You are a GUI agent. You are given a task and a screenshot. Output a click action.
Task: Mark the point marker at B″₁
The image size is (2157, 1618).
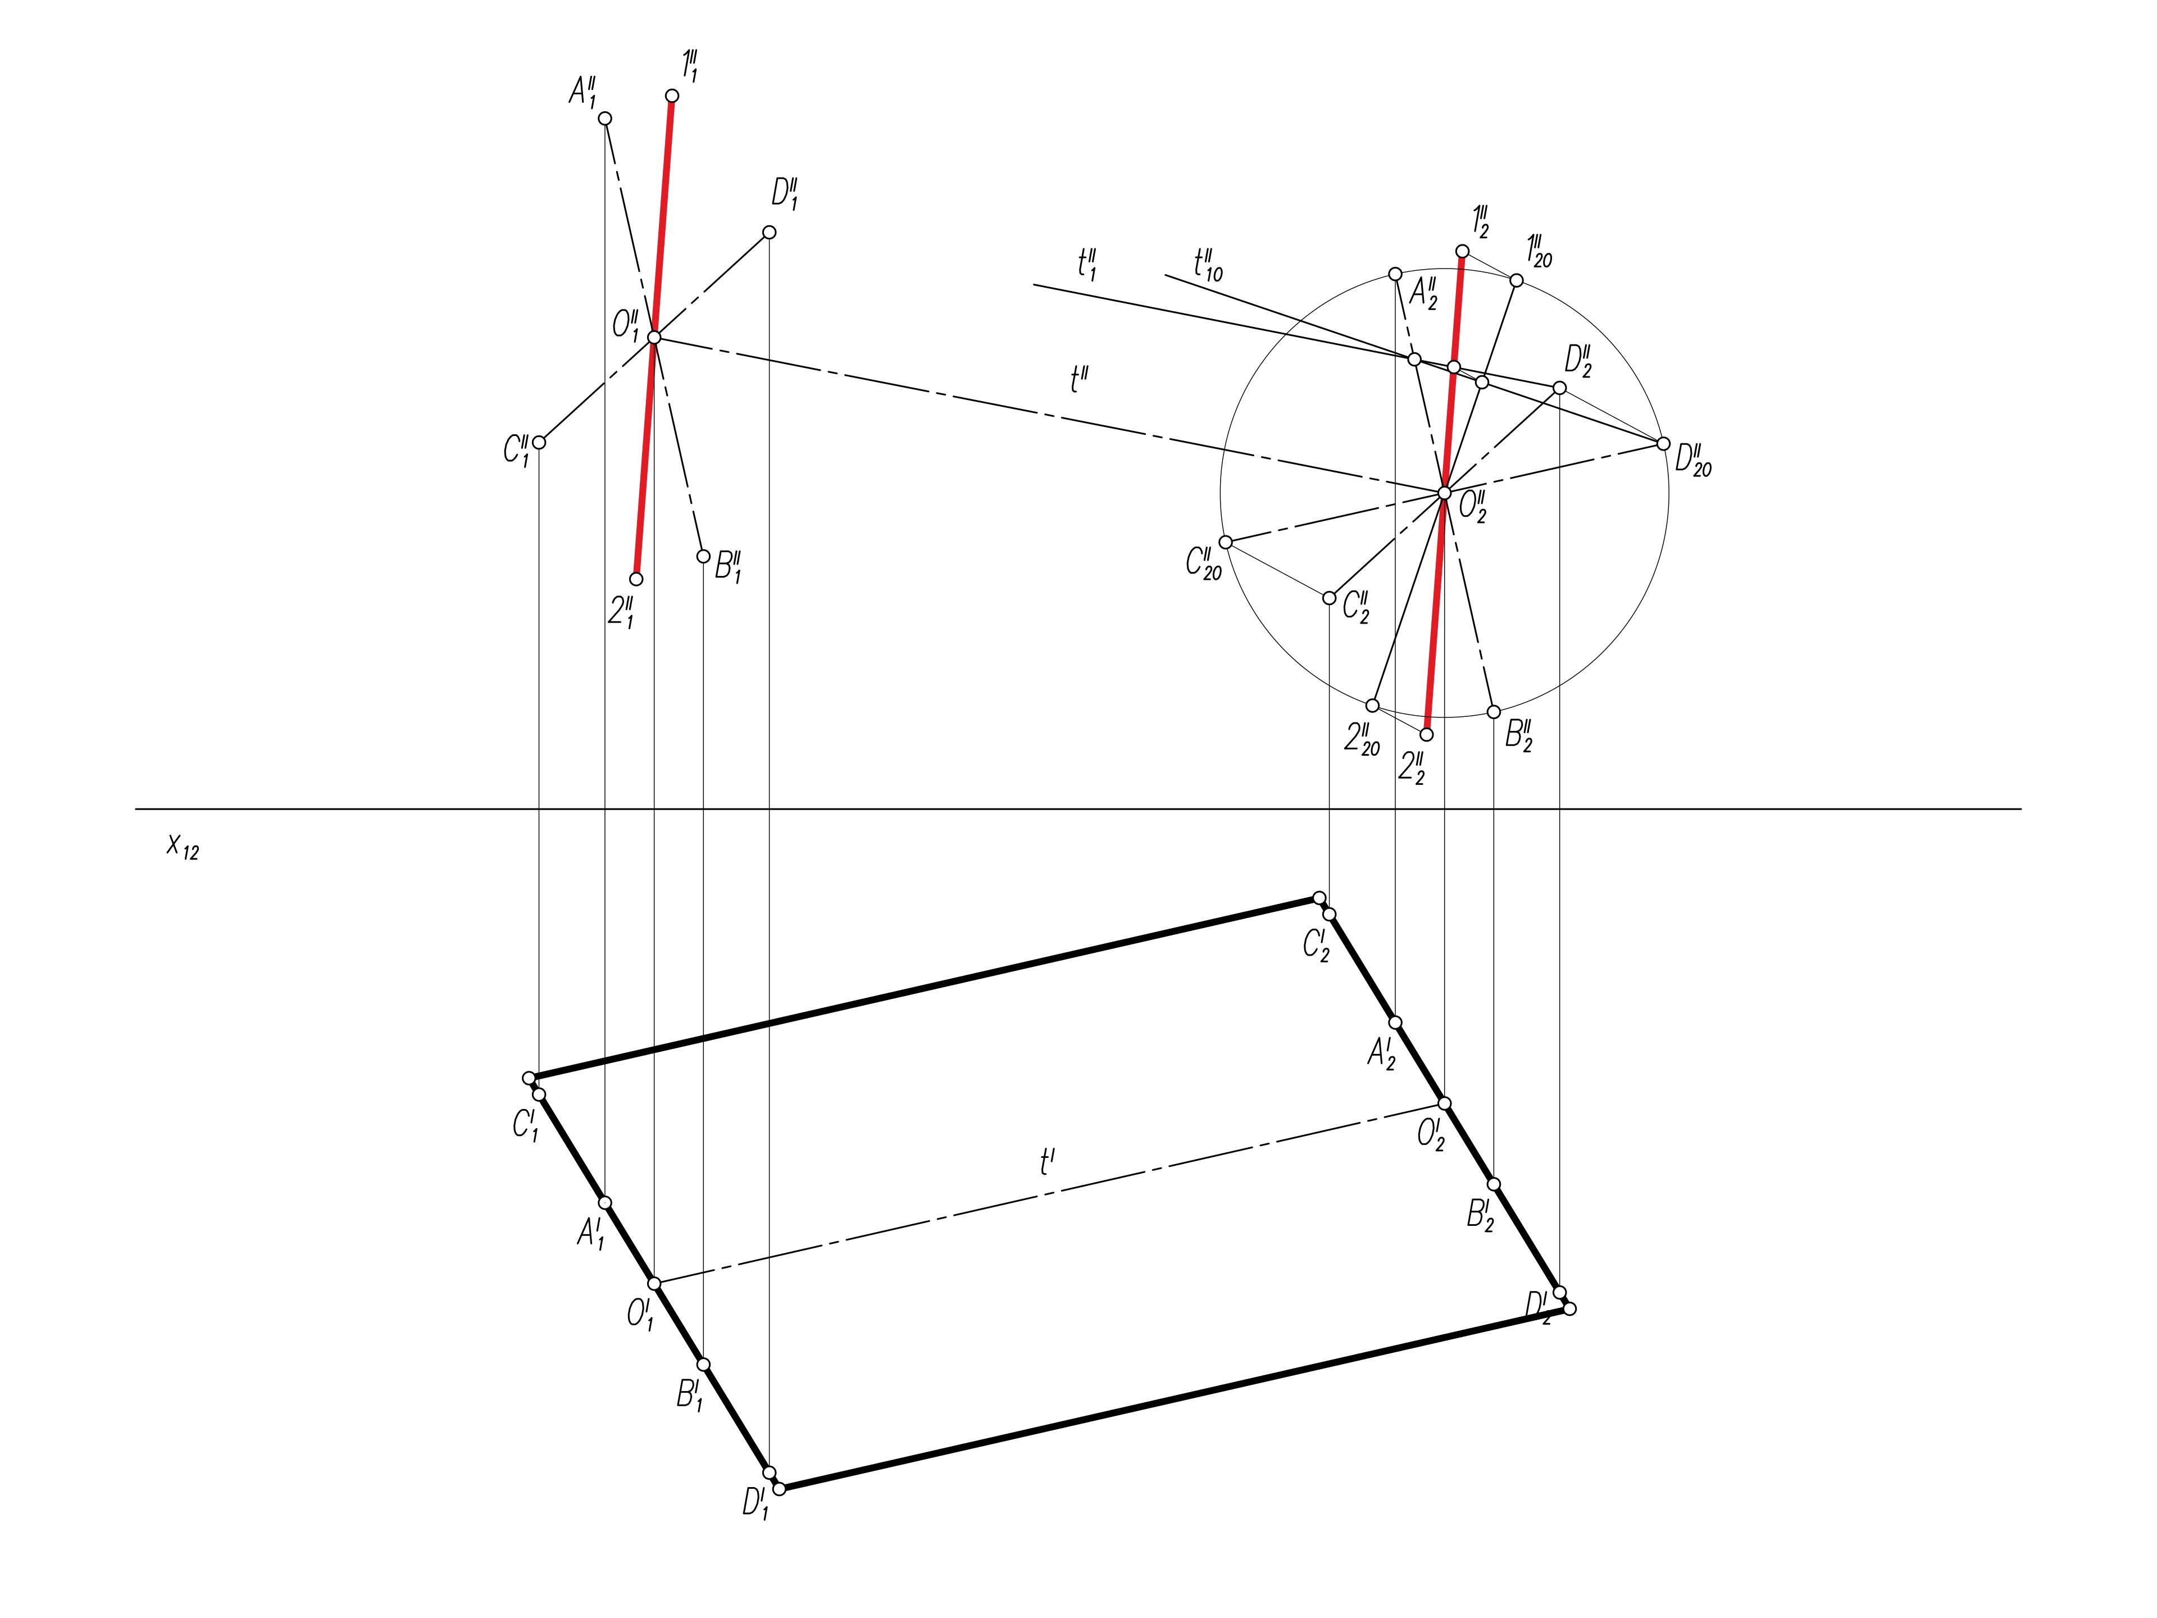tap(703, 557)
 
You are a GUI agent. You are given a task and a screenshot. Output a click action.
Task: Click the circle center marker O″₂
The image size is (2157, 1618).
tap(1444, 493)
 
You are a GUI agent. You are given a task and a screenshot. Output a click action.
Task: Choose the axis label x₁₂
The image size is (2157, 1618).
tap(183, 846)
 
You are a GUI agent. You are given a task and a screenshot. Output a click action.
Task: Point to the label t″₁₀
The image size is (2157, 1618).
tap(1207, 263)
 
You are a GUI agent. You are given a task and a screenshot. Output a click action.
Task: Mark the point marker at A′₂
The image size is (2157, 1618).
tap(1395, 1022)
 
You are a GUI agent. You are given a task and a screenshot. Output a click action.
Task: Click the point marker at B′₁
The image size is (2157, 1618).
tap(703, 1365)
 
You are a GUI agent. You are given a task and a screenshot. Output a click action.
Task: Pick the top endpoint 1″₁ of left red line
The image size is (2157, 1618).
tap(672, 96)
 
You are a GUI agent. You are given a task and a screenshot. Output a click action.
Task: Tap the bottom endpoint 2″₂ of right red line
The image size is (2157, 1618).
tap(1427, 734)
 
